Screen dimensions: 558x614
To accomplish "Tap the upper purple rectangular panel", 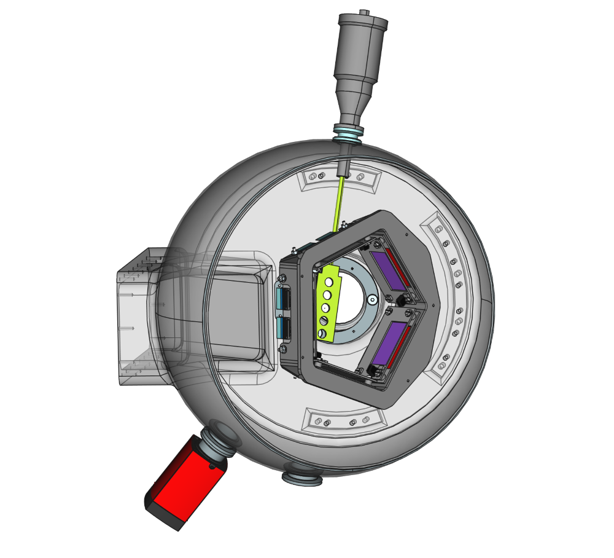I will pos(388,270).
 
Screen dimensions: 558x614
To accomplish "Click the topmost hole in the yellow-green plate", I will pos(329,282).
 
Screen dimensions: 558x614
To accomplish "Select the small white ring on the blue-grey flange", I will pos(371,300).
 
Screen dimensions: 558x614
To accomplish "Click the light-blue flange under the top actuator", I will pos(348,132).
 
